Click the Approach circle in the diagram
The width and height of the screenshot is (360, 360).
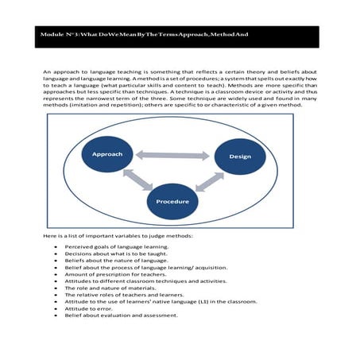(x=106, y=153)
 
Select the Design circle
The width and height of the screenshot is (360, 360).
(x=240, y=157)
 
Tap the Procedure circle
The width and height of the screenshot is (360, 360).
(x=172, y=202)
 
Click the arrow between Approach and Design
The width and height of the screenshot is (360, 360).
(x=173, y=154)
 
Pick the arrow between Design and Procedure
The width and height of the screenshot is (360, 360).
(x=209, y=181)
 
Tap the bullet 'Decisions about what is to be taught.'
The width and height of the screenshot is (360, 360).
(x=115, y=254)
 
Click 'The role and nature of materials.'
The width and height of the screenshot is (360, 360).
(x=108, y=288)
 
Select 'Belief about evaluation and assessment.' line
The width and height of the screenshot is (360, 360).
(x=120, y=315)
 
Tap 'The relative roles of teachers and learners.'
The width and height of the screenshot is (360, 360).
(x=122, y=295)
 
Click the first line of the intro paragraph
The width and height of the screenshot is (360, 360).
(x=180, y=72)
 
